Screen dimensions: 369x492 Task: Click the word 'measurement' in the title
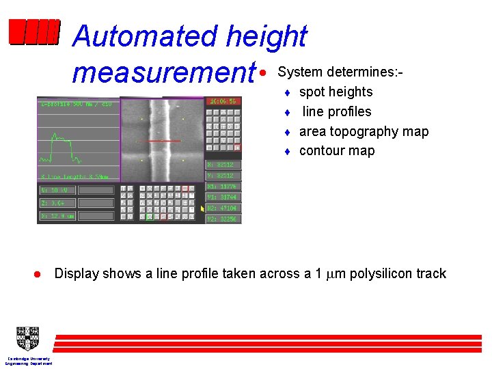coord(163,72)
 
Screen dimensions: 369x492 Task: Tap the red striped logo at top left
coord(34,31)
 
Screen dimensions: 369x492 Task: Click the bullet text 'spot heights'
coord(336,92)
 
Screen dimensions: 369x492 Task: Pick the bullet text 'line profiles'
coord(337,111)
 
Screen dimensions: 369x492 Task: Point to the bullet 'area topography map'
coord(364,131)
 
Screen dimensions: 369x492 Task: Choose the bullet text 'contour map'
coord(337,151)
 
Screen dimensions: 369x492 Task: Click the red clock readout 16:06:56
coord(223,101)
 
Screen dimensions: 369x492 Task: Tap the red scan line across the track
coord(164,141)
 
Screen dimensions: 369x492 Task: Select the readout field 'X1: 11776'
coord(223,187)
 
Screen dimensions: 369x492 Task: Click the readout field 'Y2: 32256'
coord(223,219)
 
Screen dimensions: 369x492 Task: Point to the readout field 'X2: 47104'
coord(223,208)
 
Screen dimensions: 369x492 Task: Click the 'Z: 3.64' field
coord(57,202)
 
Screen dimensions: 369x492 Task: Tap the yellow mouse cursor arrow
coord(202,208)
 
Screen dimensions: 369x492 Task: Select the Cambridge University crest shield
coord(28,338)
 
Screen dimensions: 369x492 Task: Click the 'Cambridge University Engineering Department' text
coord(28,361)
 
